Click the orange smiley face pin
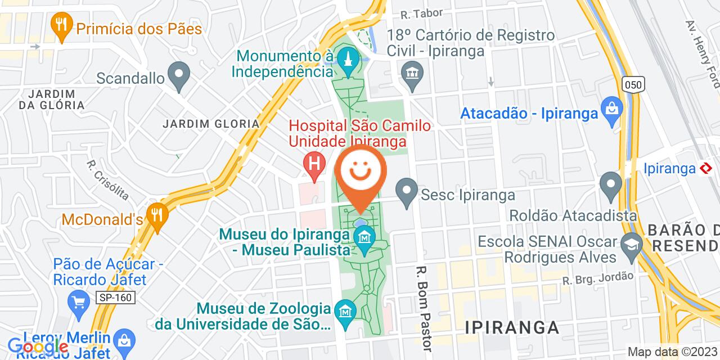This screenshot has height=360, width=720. [361, 171]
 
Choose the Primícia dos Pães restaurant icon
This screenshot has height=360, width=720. [60, 24]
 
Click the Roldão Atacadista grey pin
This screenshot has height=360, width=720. [610, 184]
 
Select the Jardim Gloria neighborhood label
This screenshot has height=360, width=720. [211, 124]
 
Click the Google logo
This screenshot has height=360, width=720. [38, 347]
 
